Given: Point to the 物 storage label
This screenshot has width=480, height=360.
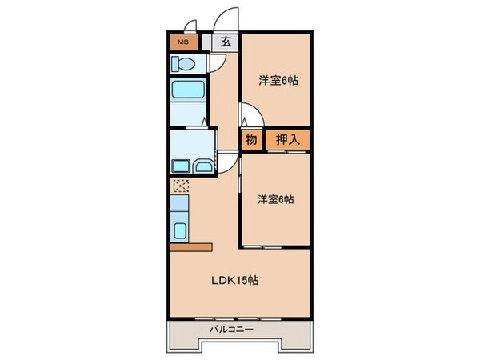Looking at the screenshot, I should click(250, 140).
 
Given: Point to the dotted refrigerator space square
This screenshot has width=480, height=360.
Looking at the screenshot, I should click(180, 186).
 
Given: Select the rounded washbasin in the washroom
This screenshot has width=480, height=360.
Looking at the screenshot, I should click(203, 166).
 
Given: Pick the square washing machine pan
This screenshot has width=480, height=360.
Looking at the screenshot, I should click(179, 166).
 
